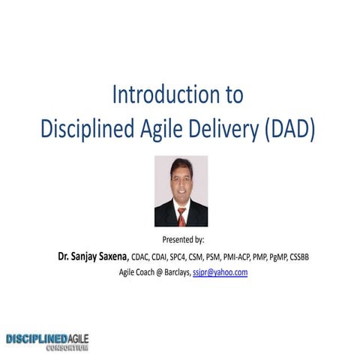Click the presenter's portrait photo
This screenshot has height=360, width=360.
tap(181, 191)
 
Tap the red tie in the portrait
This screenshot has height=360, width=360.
tap(181, 217)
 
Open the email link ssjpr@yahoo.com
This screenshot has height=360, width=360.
tap(220, 272)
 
